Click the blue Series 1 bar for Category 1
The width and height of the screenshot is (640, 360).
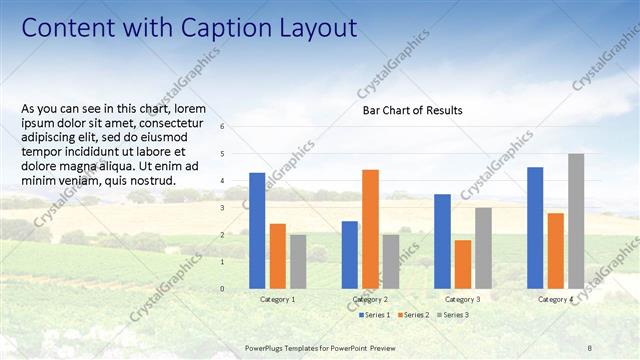tap(257, 231)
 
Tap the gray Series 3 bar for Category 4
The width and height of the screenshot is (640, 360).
tap(576, 221)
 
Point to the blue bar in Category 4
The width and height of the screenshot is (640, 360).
tap(535, 228)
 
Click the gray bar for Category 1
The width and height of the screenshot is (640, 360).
tap(298, 262)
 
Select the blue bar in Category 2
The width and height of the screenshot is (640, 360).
tap(350, 255)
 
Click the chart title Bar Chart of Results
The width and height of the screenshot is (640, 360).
tap(412, 110)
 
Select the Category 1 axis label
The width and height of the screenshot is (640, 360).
tap(277, 299)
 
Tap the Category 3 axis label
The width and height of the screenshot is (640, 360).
tap(462, 299)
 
